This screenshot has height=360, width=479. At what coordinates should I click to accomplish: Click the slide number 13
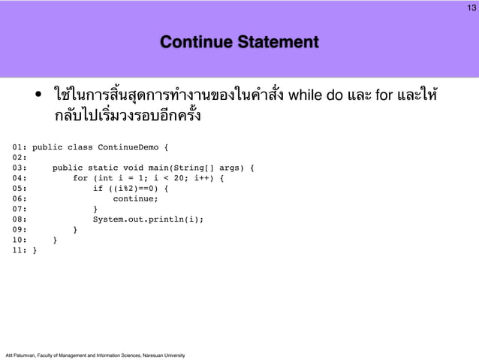[x=471, y=8]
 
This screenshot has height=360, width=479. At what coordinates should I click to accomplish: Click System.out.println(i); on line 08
[x=148, y=219]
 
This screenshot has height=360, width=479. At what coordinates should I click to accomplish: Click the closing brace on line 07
[x=95, y=209]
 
